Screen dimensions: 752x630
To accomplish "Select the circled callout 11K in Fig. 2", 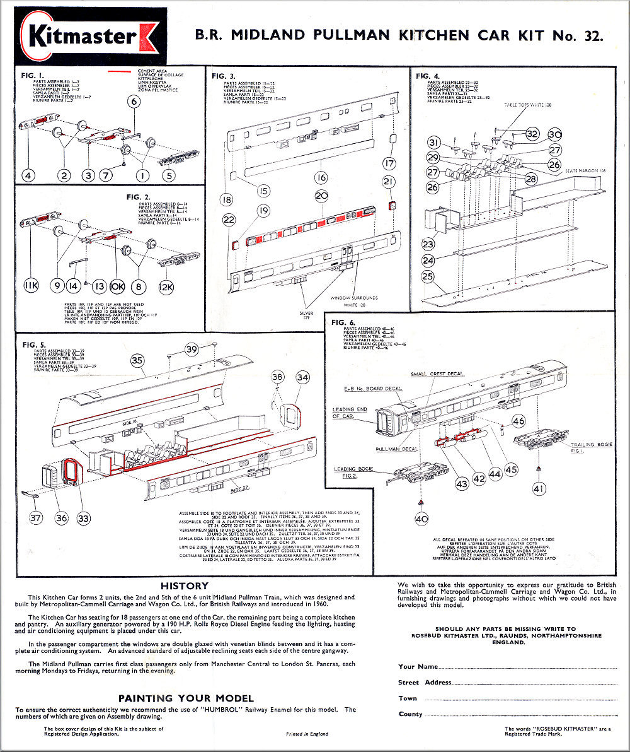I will pyautogui.click(x=31, y=285).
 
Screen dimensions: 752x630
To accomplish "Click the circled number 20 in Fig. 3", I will pyautogui.click(x=322, y=196).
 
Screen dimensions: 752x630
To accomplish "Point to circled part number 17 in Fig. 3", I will pyautogui.click(x=389, y=163).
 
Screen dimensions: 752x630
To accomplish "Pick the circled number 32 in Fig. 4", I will pyautogui.click(x=532, y=134).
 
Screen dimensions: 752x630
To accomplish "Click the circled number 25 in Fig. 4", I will pyautogui.click(x=428, y=276).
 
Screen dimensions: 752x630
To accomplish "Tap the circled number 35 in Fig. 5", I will pyautogui.click(x=137, y=360).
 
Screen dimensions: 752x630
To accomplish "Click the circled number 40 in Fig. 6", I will pyautogui.click(x=421, y=519).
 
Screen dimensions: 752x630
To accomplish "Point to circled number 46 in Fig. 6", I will pyautogui.click(x=518, y=421).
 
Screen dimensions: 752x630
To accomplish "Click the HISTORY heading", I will pyautogui.click(x=185, y=586).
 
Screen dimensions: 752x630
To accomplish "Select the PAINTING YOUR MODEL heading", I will pyautogui.click(x=186, y=698).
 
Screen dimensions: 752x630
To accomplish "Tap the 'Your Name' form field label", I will pyautogui.click(x=418, y=666).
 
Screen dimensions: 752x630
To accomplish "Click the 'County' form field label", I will pyautogui.click(x=411, y=714).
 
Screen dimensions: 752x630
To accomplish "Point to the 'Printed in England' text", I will pyautogui.click(x=307, y=734).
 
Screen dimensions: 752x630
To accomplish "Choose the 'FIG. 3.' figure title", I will pyautogui.click(x=227, y=76).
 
